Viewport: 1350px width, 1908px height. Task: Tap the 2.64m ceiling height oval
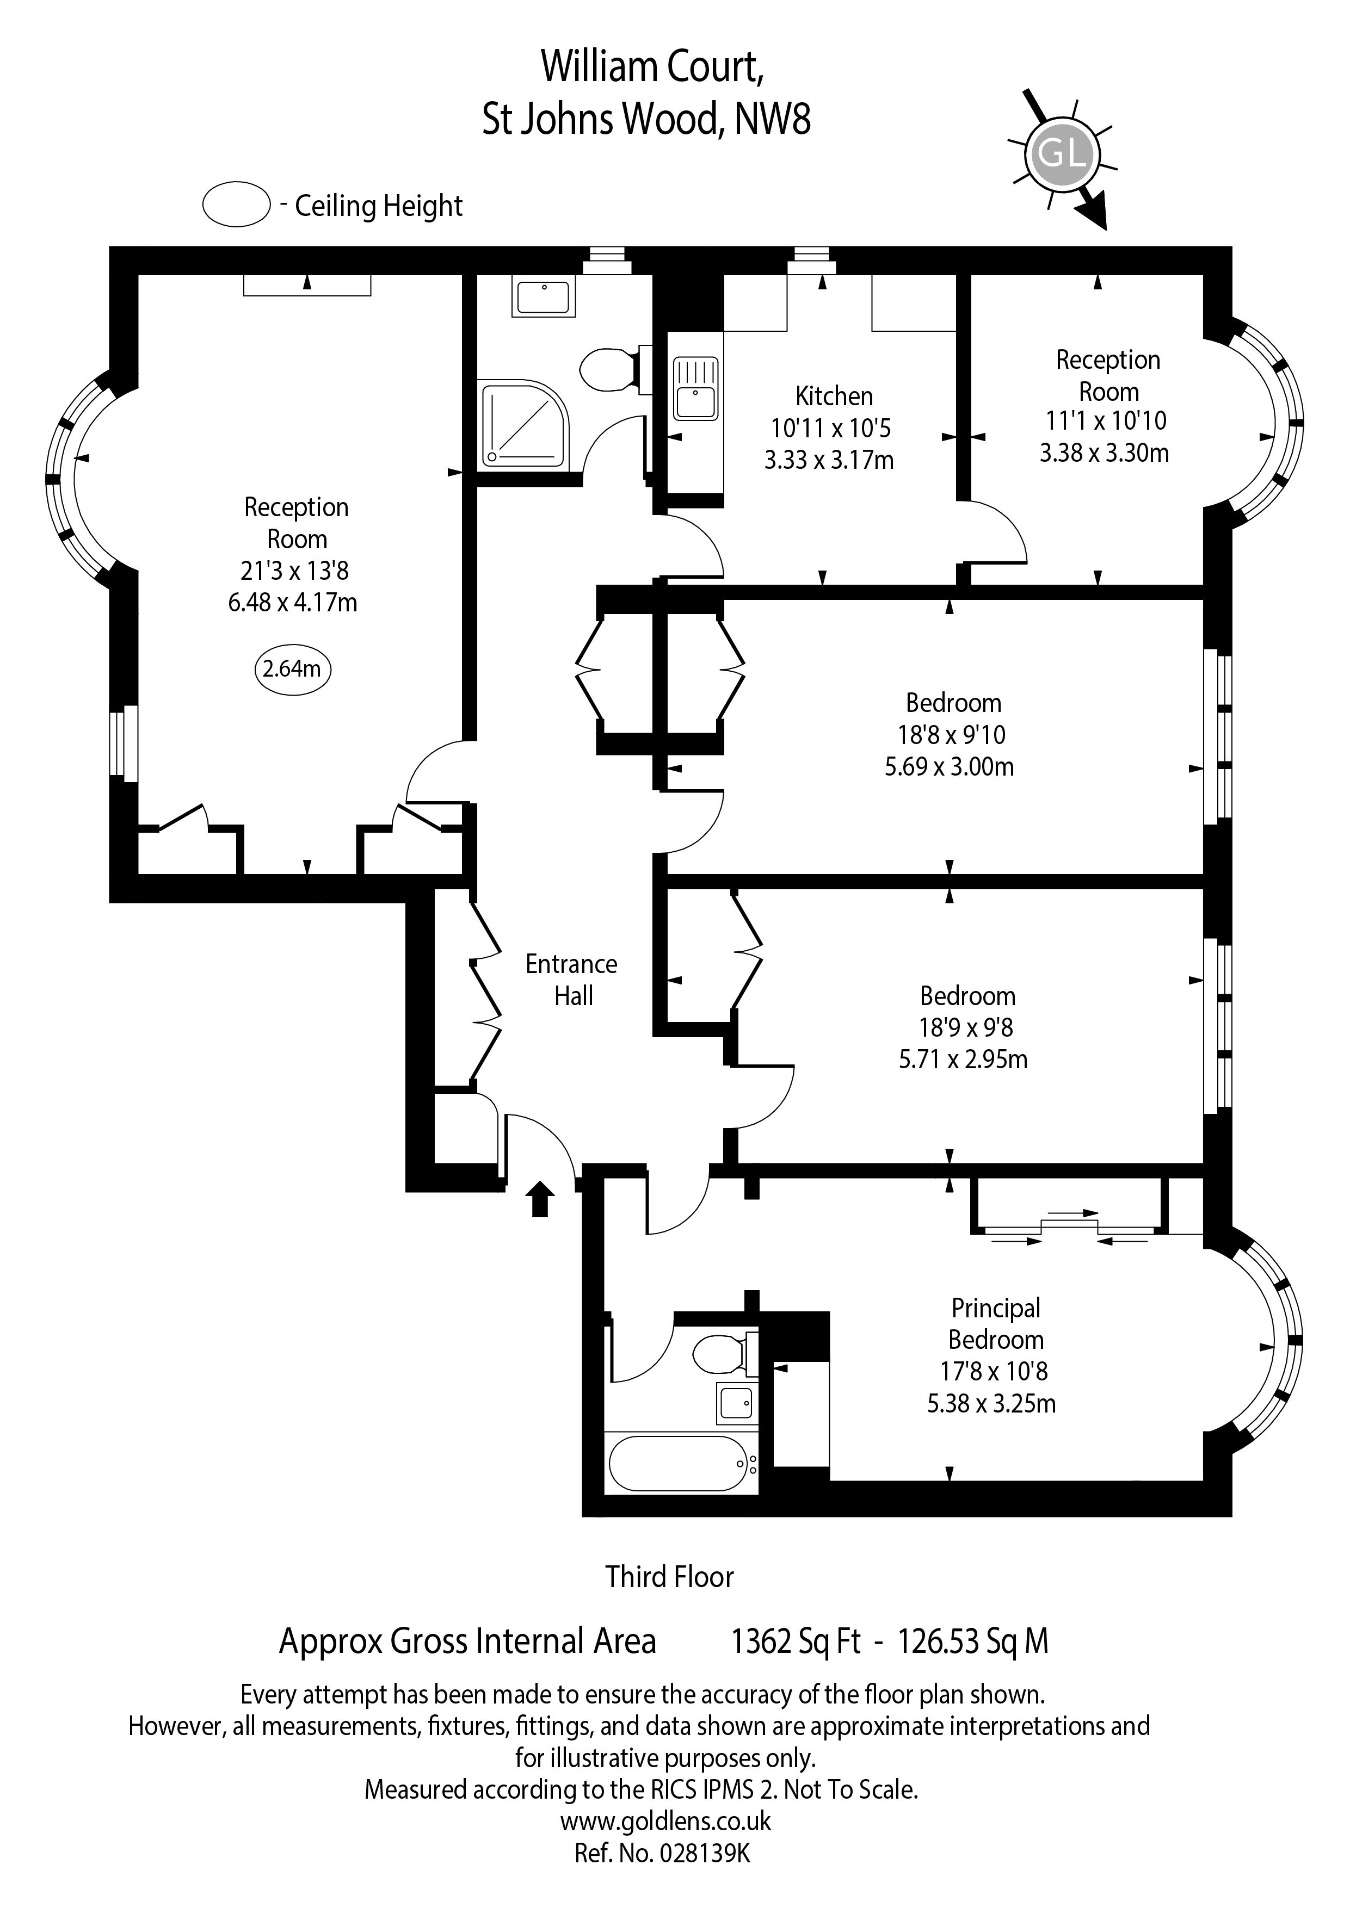[x=292, y=669]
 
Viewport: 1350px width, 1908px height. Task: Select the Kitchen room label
[x=834, y=397]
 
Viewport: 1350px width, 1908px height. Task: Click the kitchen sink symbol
[x=695, y=389]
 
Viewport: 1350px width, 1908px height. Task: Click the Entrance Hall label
[x=572, y=980]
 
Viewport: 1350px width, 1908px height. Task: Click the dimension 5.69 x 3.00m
[x=950, y=767]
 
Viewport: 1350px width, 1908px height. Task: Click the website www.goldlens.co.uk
[x=665, y=1821]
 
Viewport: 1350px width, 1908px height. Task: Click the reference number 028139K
[x=704, y=1853]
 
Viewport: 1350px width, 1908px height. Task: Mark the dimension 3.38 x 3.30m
[x=1104, y=454]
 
